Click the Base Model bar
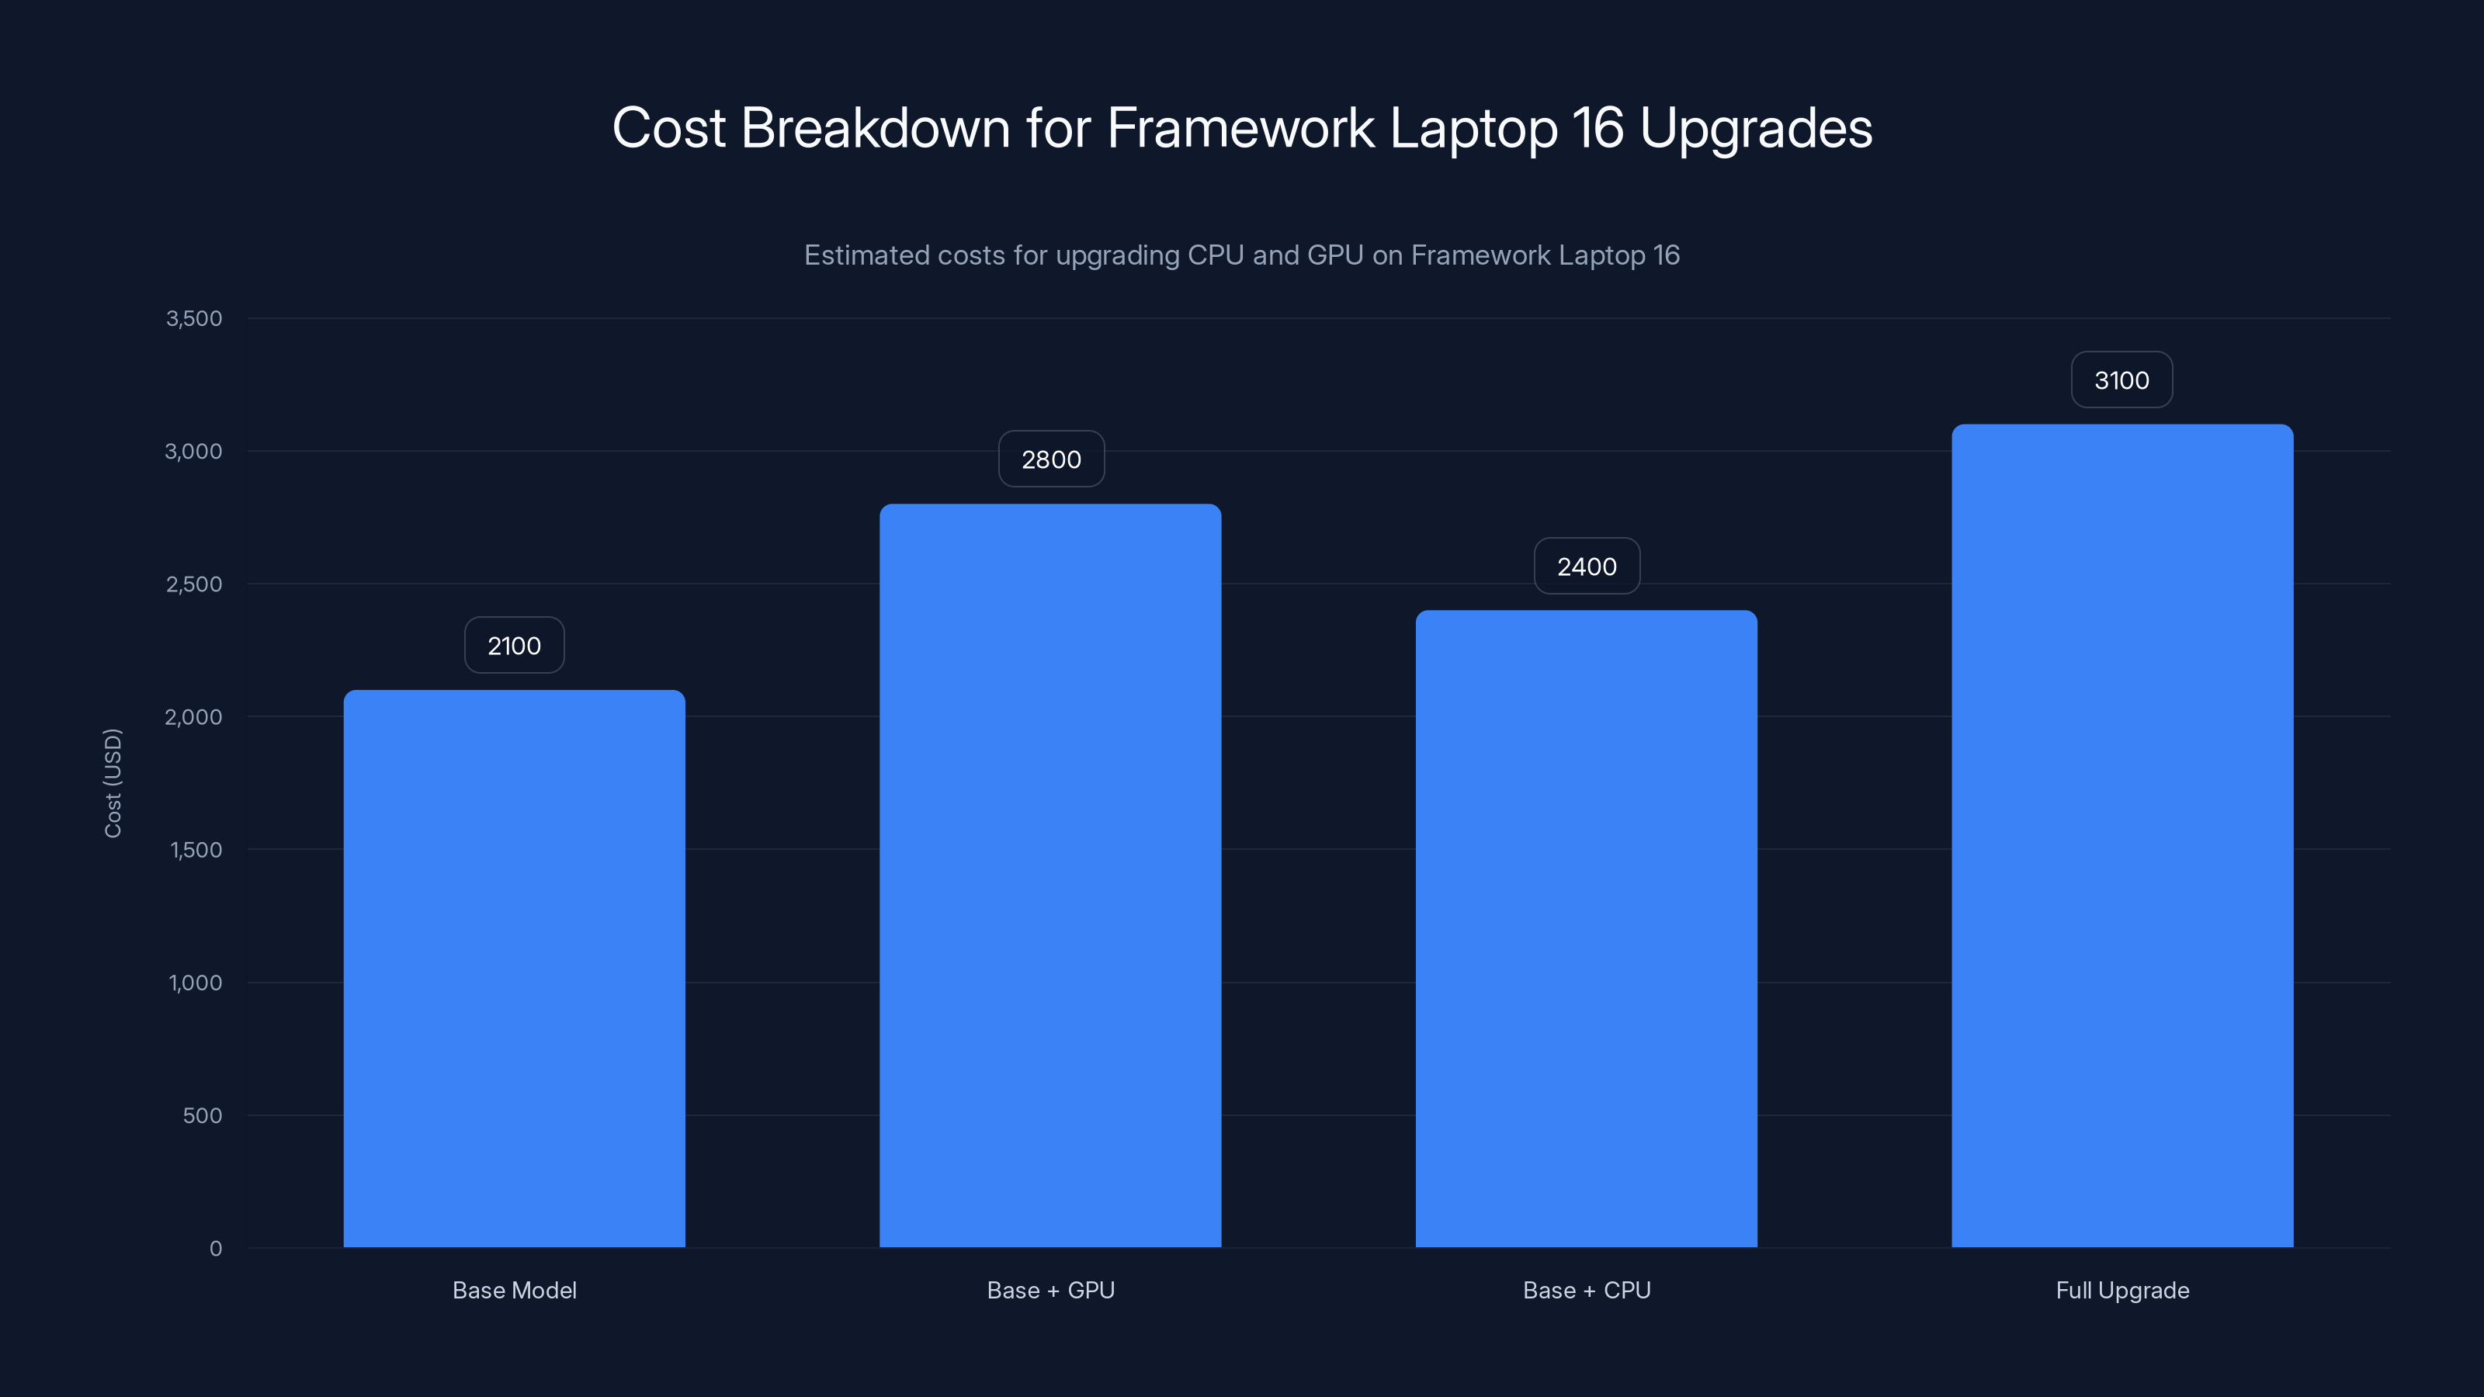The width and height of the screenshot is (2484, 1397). (514, 968)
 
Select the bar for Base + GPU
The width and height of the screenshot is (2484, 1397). (1050, 875)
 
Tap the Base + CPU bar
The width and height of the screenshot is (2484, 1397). (1586, 928)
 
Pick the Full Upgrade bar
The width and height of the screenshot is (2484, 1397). (2122, 835)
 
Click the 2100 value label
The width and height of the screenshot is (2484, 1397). (514, 646)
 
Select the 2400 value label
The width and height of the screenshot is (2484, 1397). (1586, 567)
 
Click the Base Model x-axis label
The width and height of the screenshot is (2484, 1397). (514, 1290)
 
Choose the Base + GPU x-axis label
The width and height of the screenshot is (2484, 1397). (1050, 1290)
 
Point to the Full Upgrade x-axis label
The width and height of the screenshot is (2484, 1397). (2122, 1290)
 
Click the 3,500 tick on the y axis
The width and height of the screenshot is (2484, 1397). (194, 318)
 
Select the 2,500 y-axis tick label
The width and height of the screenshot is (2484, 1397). (194, 584)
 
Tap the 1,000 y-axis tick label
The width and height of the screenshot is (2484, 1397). (195, 983)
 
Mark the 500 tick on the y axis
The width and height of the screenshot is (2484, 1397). (203, 1115)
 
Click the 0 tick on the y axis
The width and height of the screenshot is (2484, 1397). (216, 1249)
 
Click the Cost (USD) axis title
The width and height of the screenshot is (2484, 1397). (113, 783)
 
